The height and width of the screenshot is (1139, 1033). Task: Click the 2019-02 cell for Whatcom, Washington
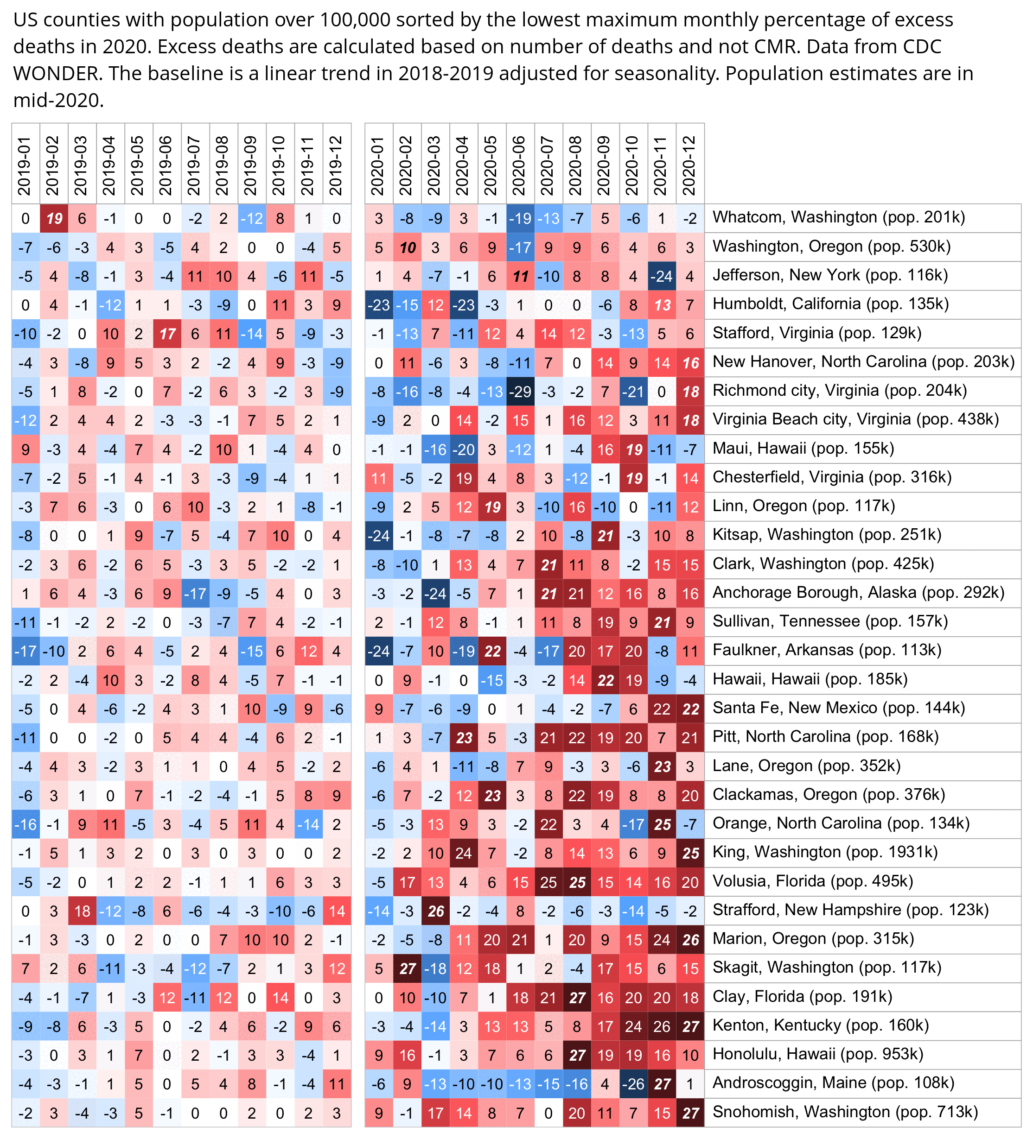[x=54, y=218]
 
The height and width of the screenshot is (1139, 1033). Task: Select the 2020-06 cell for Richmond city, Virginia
[x=520, y=392]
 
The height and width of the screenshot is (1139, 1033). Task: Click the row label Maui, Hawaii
[x=803, y=449]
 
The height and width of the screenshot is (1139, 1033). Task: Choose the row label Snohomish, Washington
[x=845, y=1112]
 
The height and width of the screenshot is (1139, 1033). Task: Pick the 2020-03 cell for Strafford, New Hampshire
[x=435, y=911]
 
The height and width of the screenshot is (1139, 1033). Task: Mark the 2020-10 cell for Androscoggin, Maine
[x=633, y=1084]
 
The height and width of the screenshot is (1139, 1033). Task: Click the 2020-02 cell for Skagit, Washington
[x=407, y=968]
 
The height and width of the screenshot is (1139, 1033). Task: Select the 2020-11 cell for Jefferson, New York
[x=662, y=276]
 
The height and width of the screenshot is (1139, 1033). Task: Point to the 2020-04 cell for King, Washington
[x=464, y=853]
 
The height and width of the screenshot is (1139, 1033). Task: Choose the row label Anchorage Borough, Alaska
[x=858, y=592]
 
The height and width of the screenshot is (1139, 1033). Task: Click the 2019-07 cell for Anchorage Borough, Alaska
[x=196, y=593]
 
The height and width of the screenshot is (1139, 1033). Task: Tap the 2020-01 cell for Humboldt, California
[x=379, y=305]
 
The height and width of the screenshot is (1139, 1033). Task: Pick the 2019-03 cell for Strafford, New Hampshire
[x=83, y=911]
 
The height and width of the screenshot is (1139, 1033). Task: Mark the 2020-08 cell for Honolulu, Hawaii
[x=577, y=1055]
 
